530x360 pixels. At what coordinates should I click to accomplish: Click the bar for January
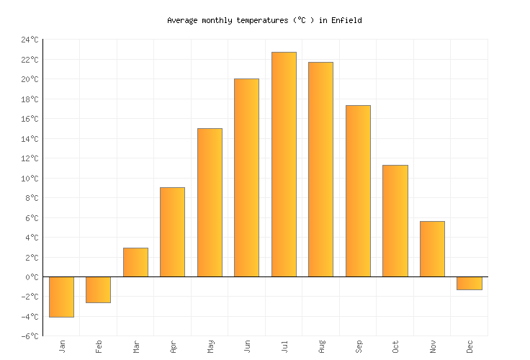(61, 297)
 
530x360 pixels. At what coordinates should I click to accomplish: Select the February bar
(98, 289)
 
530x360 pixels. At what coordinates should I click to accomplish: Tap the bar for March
(135, 262)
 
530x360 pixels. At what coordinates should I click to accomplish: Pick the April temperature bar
(172, 232)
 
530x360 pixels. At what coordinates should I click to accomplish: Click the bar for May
(210, 202)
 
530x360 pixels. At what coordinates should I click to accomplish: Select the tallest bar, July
(284, 164)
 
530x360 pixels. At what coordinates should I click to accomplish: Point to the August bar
(320, 169)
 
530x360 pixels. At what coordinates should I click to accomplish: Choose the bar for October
(395, 220)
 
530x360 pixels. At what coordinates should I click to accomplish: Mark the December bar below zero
(469, 283)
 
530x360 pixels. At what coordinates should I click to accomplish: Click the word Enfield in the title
(346, 21)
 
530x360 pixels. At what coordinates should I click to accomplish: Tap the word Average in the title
(182, 21)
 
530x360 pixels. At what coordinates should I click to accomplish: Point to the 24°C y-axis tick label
(30, 40)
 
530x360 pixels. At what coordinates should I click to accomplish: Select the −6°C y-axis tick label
(30, 336)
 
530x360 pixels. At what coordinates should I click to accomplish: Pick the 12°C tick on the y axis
(30, 158)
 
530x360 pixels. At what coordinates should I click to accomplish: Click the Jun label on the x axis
(247, 346)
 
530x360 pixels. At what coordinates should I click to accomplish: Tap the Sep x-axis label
(358, 346)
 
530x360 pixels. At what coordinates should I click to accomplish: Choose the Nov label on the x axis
(432, 346)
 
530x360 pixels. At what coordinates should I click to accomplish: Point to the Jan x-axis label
(62, 346)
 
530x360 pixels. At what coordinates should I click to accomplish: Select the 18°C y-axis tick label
(30, 99)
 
